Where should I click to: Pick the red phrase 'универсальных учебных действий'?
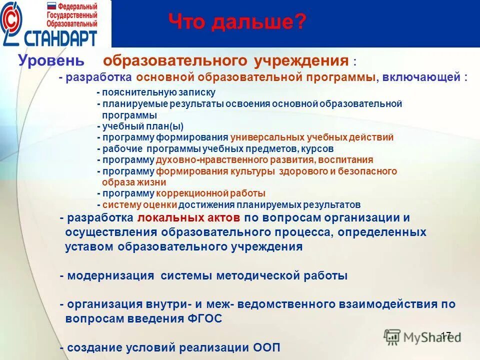tap(312, 137)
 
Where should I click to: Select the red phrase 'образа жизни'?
tap(134, 182)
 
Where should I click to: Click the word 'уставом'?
tap(90, 246)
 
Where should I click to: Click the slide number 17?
tap(446, 334)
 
